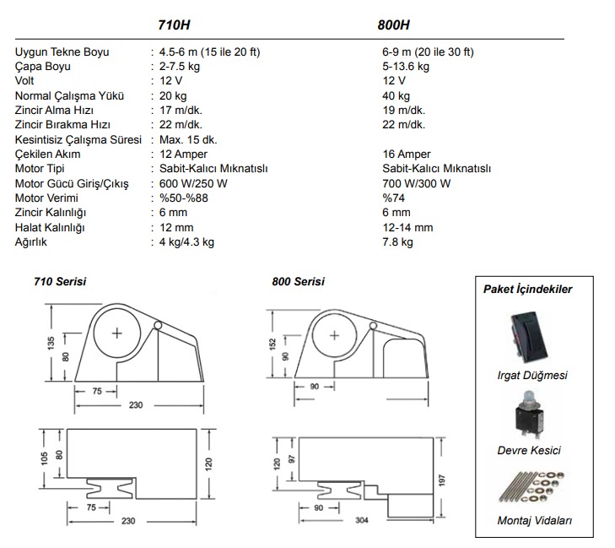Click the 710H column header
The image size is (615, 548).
point(174,25)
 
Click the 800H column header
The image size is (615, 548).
point(393,25)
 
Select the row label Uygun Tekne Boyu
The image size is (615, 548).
point(62,52)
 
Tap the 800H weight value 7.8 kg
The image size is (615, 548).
point(397,242)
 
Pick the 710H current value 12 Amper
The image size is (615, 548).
point(183,155)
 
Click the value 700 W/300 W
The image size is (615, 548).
point(417,184)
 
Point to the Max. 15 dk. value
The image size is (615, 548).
point(188,140)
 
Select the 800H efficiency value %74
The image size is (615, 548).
point(393,198)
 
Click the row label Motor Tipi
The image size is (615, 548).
point(40,169)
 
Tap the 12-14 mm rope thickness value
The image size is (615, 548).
point(408,228)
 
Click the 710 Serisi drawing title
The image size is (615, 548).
point(60,281)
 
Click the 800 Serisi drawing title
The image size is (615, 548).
point(299,281)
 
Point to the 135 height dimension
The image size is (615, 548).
point(51,343)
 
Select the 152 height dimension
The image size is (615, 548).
point(273,344)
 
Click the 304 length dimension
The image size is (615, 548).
point(362,520)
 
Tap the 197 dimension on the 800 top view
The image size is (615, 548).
point(442,480)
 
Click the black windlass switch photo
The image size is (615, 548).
point(528,338)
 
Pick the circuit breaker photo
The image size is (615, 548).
point(529,415)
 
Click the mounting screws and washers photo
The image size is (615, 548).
point(531,487)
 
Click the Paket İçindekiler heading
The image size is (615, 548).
point(527,290)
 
